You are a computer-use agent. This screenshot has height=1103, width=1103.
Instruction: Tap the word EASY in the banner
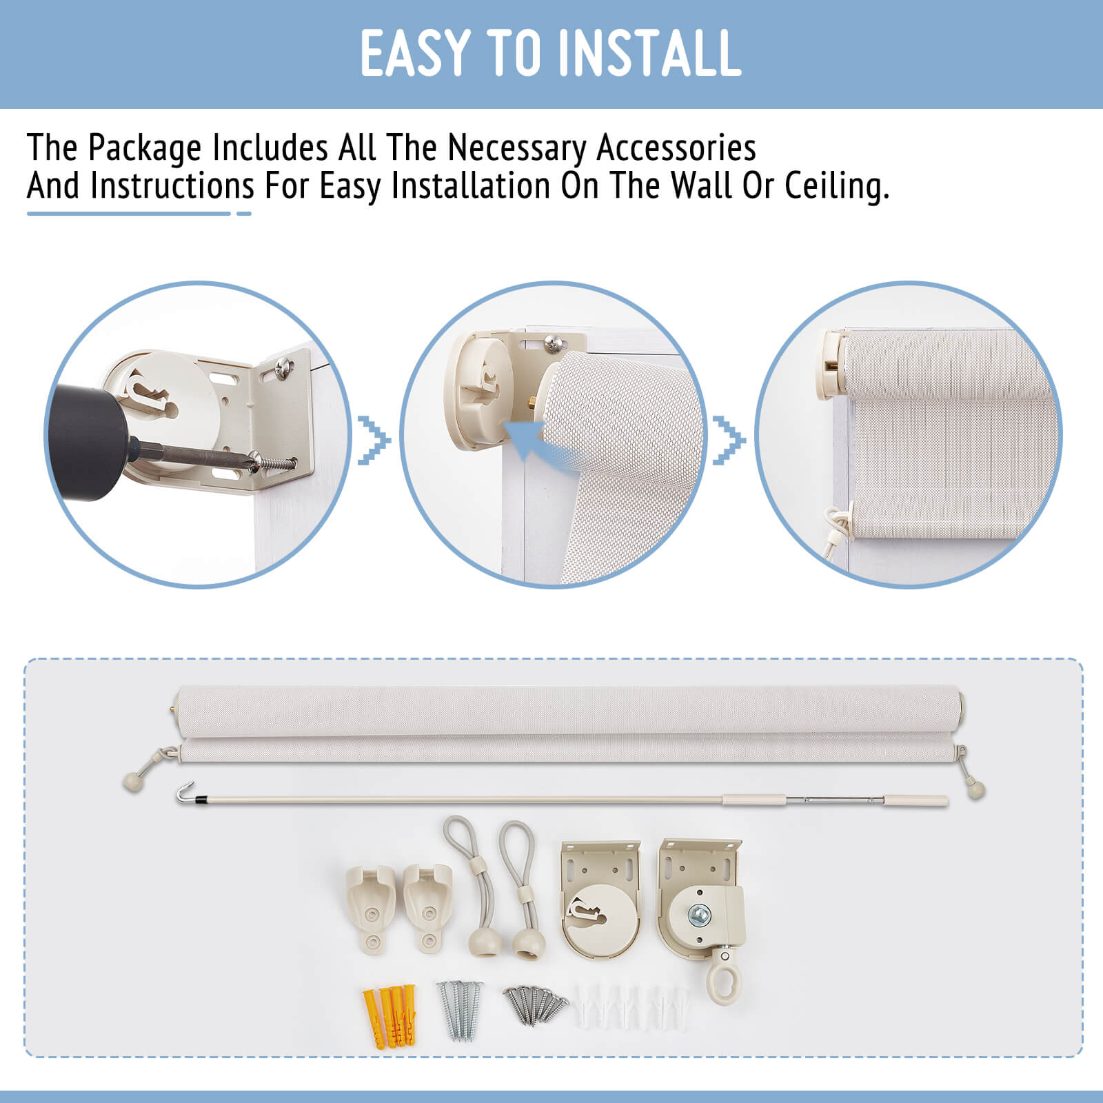pos(413,53)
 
